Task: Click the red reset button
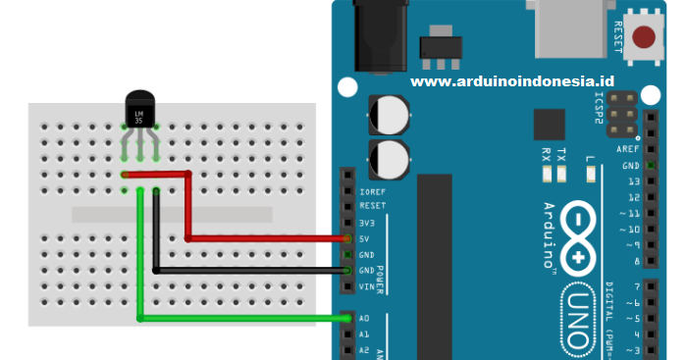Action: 644,37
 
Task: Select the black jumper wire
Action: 245,270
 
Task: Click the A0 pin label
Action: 364,319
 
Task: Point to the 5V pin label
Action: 365,238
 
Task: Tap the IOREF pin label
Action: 372,191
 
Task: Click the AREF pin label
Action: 628,149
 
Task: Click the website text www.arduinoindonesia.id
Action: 511,83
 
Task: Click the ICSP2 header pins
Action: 620,115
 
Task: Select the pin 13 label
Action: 632,181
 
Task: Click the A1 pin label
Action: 364,334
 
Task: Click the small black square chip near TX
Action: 550,125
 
